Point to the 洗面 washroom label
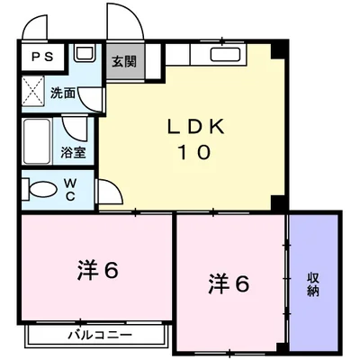[62, 94]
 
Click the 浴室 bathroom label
[73, 152]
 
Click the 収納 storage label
[312, 283]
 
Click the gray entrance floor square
[122, 65]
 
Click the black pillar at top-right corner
[280, 49]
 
